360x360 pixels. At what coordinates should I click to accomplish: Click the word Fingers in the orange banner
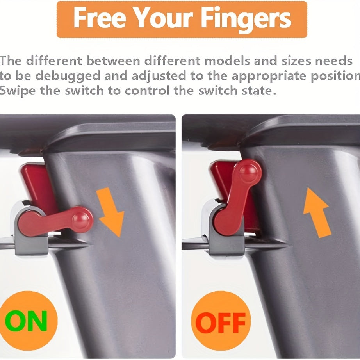click(x=246, y=19)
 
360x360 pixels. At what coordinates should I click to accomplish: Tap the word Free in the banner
click(x=100, y=18)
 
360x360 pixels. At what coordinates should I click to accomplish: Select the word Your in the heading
click(x=163, y=18)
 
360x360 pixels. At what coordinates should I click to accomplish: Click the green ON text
click(x=26, y=321)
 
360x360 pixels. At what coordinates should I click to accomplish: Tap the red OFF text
click(x=220, y=323)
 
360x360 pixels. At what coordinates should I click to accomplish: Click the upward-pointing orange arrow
click(x=317, y=212)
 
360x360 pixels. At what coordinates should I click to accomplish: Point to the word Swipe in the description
click(x=18, y=91)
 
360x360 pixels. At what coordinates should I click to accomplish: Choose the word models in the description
click(x=227, y=61)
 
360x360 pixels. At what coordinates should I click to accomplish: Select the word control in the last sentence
click(x=146, y=91)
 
